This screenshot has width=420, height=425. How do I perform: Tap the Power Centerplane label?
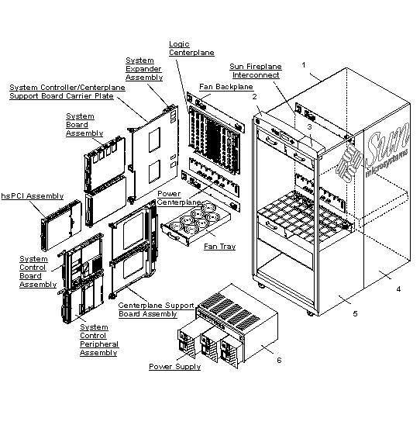(x=180, y=197)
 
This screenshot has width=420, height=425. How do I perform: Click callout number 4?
(x=398, y=289)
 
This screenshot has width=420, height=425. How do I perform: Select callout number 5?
(x=355, y=314)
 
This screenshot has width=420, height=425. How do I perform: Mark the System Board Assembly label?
(x=79, y=124)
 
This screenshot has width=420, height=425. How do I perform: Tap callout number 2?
(x=254, y=96)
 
